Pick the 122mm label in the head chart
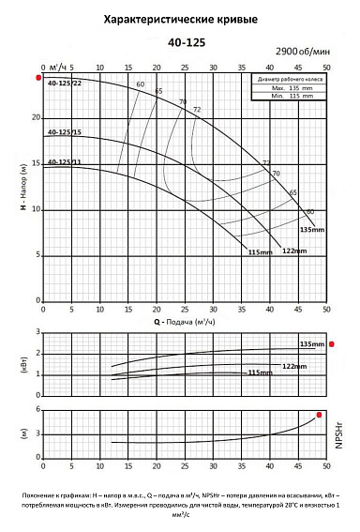tap(293, 250)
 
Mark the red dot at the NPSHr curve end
tap(320, 415)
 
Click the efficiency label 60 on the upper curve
tap(141, 85)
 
